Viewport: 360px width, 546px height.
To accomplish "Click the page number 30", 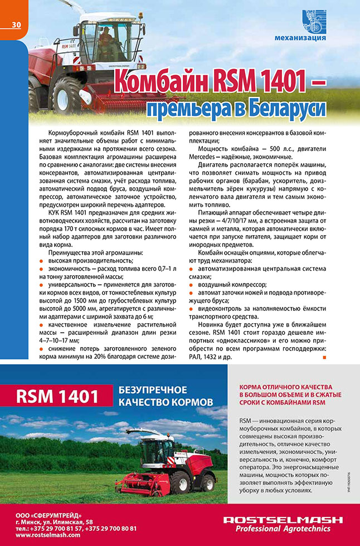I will [16, 25].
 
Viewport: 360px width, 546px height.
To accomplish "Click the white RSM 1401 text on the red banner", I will [57, 397].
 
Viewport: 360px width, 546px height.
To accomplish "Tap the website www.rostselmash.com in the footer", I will [48, 535].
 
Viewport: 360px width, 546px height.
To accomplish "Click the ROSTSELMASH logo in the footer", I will [283, 520].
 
